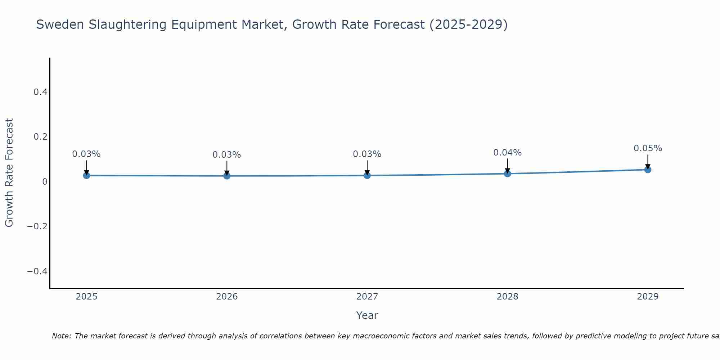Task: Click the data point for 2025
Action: [x=86, y=175]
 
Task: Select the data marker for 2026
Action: [x=227, y=176]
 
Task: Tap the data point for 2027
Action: [x=367, y=175]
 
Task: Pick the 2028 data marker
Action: [x=507, y=174]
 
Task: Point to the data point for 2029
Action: [x=648, y=169]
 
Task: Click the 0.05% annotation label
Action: [x=648, y=148]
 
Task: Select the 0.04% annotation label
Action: [x=507, y=153]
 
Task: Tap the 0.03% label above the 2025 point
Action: [x=86, y=154]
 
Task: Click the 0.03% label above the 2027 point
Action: [x=367, y=154]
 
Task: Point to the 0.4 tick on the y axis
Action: [x=40, y=92]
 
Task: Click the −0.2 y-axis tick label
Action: [x=37, y=226]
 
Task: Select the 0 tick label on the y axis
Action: [x=45, y=181]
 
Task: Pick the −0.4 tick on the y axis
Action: [x=37, y=271]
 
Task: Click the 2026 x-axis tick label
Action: [x=227, y=297]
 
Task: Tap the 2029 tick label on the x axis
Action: [x=648, y=297]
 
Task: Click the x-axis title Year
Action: [x=367, y=315]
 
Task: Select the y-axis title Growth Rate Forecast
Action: [x=9, y=173]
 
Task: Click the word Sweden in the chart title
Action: [x=60, y=24]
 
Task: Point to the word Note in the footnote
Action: [x=62, y=336]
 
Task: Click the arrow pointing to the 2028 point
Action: [x=507, y=166]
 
